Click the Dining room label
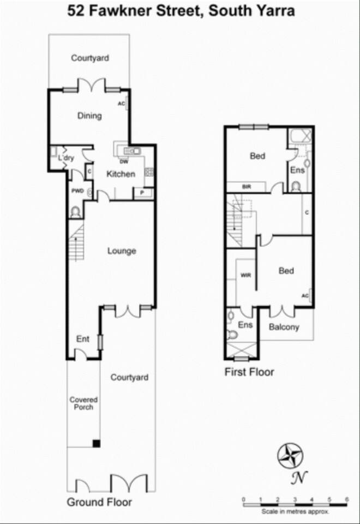coord(89,116)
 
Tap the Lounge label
coord(122,251)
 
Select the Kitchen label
coord(121,174)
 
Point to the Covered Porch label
coord(83,403)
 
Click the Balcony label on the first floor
coord(284,327)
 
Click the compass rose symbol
coord(290,455)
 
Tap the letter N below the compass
coord(299,478)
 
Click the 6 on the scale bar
coord(347,499)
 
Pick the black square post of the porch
coord(96,443)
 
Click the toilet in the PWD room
coord(75,212)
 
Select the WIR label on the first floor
coord(246,275)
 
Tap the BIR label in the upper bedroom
coord(247,187)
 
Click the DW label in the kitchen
coord(124,162)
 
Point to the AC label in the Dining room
coord(121,104)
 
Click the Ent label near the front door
coord(83,339)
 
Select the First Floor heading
coord(249,372)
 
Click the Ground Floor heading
coord(99,502)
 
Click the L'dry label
coord(66,158)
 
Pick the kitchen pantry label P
coord(142,193)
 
